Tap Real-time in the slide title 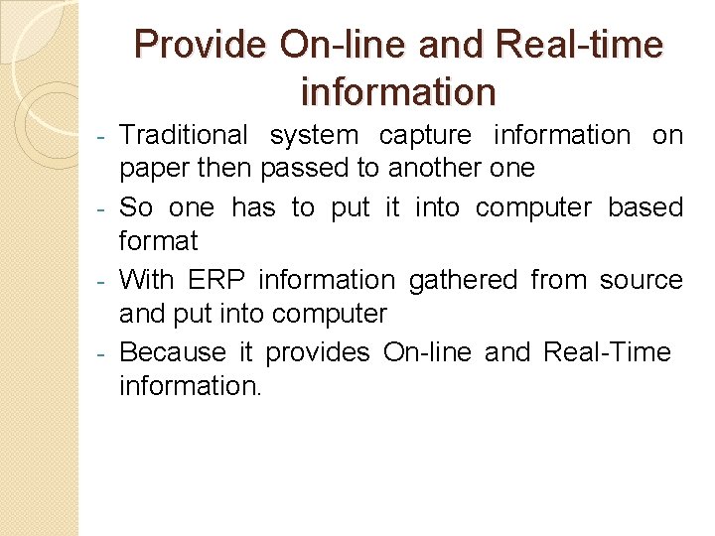578,45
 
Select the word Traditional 184,135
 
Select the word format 159,241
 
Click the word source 641,281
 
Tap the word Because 173,352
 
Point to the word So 136,207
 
